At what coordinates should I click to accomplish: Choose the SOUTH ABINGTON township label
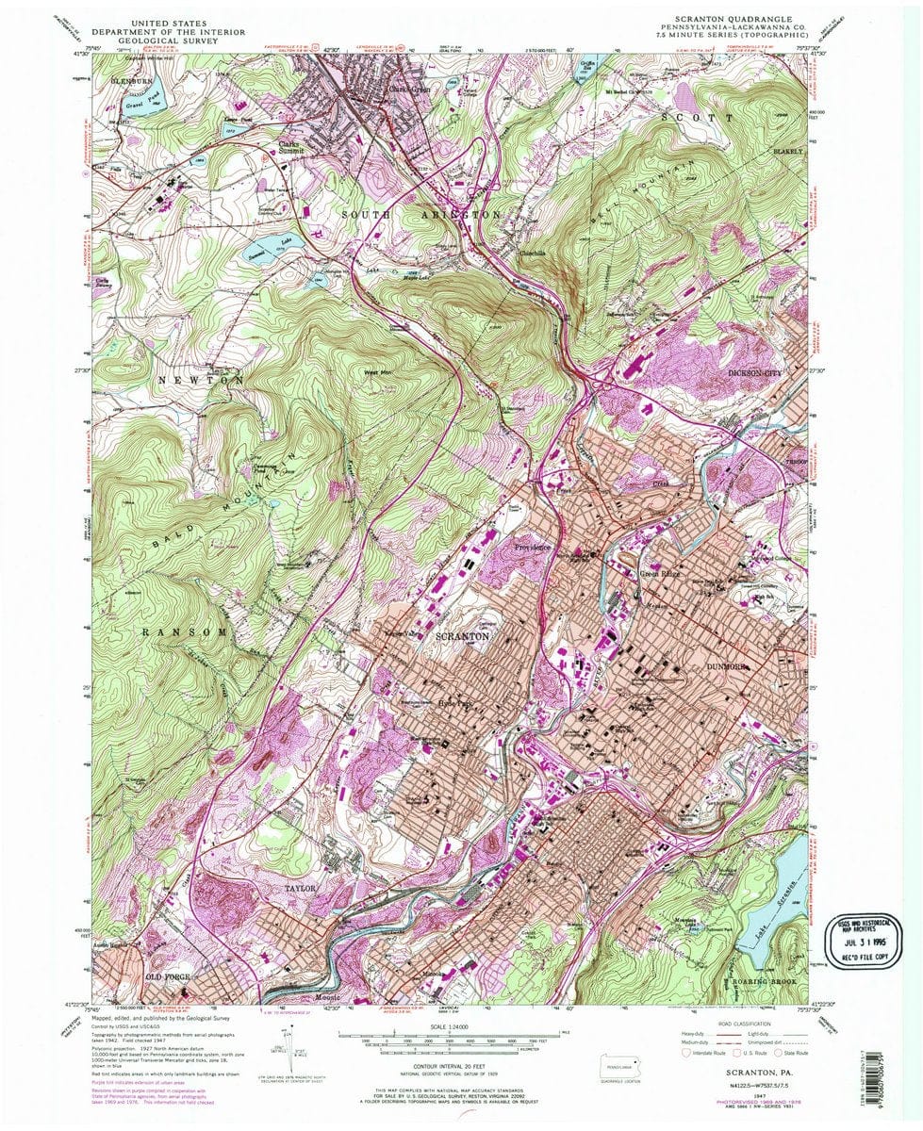[420, 215]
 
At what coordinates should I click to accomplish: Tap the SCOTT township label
[697, 118]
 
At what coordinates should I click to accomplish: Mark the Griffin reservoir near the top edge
[587, 69]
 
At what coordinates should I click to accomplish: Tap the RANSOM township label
[184, 631]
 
